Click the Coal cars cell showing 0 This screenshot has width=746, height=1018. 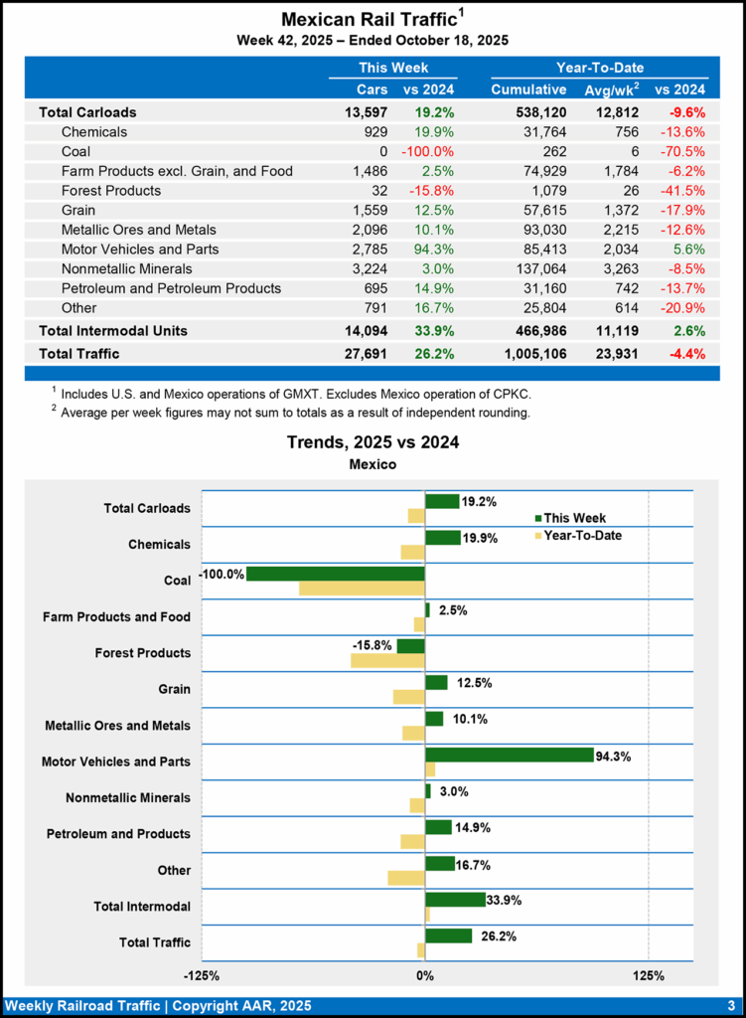point(381,151)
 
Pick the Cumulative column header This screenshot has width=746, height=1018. point(528,89)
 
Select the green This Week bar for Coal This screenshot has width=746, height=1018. point(336,574)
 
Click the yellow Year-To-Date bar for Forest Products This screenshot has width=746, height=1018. point(387,660)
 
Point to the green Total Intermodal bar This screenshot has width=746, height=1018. point(455,899)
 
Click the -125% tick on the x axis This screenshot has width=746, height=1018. point(203,975)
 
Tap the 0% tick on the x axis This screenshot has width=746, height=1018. point(425,975)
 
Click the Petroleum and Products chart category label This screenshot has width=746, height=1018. point(118,833)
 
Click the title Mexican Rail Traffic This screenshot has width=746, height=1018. point(369,20)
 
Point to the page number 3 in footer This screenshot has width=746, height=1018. point(730,1004)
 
